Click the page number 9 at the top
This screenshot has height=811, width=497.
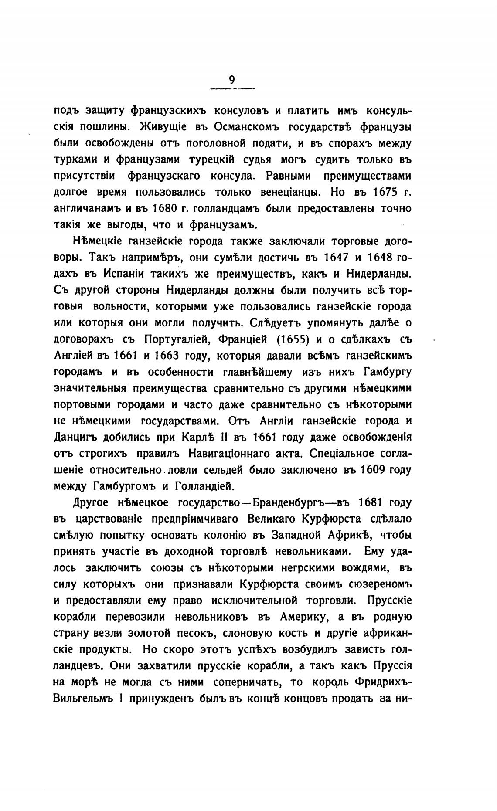point(232,80)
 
